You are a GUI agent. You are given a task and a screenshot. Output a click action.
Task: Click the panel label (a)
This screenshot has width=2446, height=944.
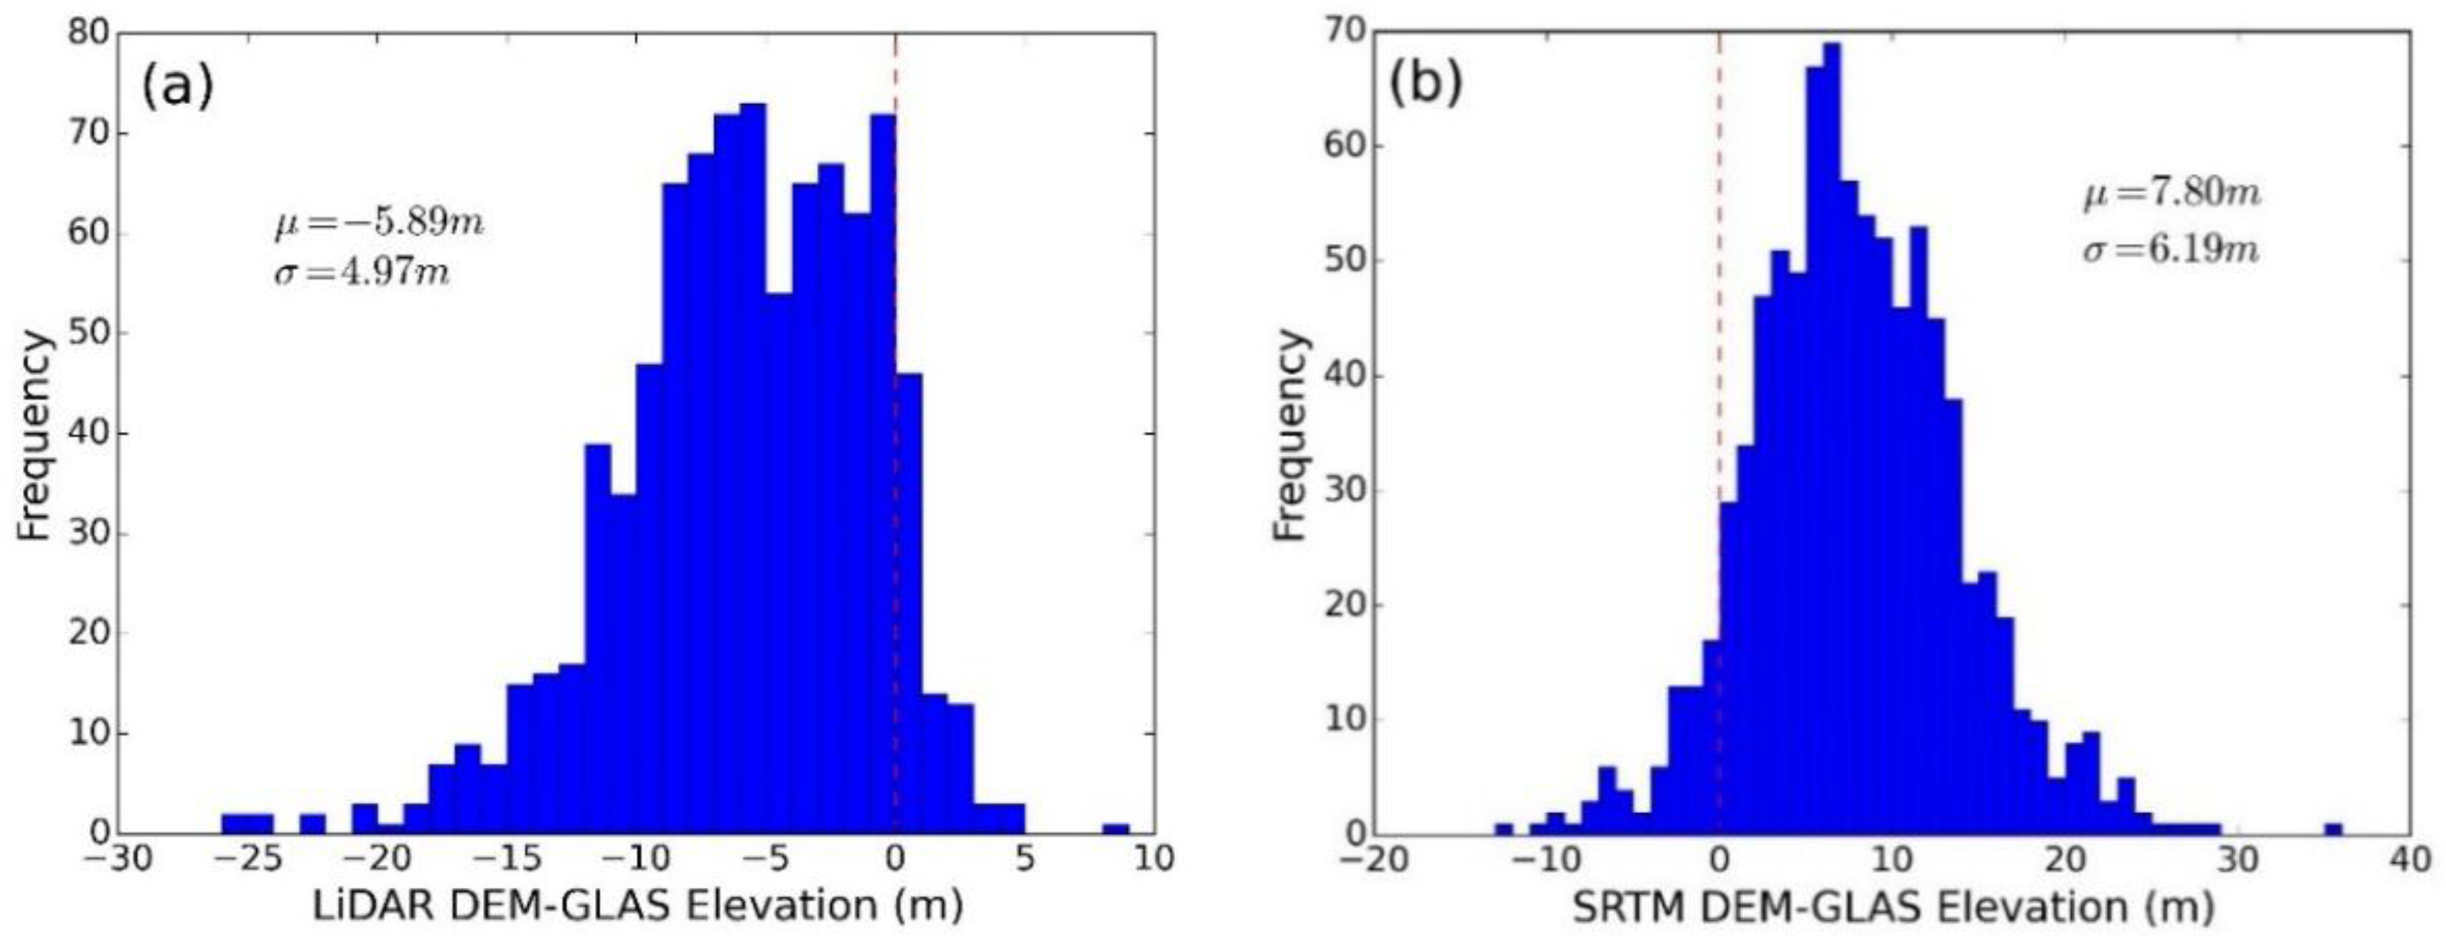[178, 89]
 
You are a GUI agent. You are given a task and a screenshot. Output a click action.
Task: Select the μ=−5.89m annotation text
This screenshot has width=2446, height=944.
[379, 226]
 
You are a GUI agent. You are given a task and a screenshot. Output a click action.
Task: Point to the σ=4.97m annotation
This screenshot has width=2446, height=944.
[362, 274]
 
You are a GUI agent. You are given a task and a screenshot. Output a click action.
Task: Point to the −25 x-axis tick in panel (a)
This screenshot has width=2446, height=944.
[248, 859]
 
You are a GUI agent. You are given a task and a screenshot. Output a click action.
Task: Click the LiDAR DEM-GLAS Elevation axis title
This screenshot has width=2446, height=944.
[638, 906]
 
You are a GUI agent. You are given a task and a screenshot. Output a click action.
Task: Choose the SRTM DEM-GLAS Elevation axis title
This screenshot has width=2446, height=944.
[1892, 908]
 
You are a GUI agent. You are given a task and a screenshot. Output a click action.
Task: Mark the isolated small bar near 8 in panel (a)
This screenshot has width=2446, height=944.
[1116, 829]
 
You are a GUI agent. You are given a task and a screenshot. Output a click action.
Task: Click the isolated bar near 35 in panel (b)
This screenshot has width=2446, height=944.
[2334, 829]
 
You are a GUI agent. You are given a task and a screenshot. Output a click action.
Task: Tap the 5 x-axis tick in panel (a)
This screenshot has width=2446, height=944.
[1025, 859]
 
